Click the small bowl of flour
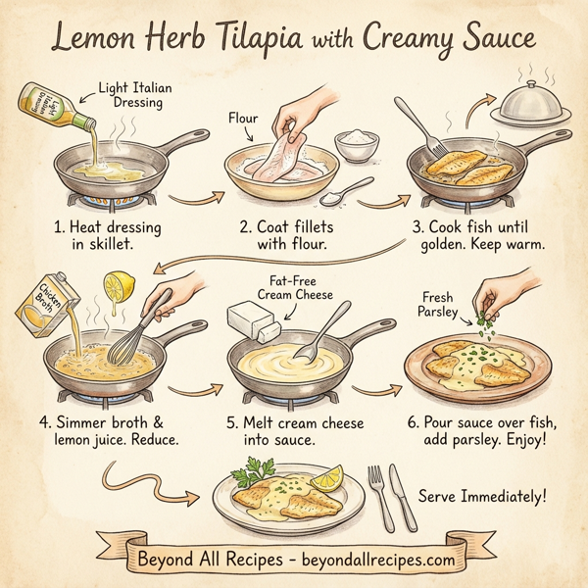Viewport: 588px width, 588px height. point(356,146)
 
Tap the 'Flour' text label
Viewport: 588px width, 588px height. point(243,120)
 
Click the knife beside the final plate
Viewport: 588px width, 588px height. point(402,495)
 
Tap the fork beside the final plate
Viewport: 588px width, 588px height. point(376,495)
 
